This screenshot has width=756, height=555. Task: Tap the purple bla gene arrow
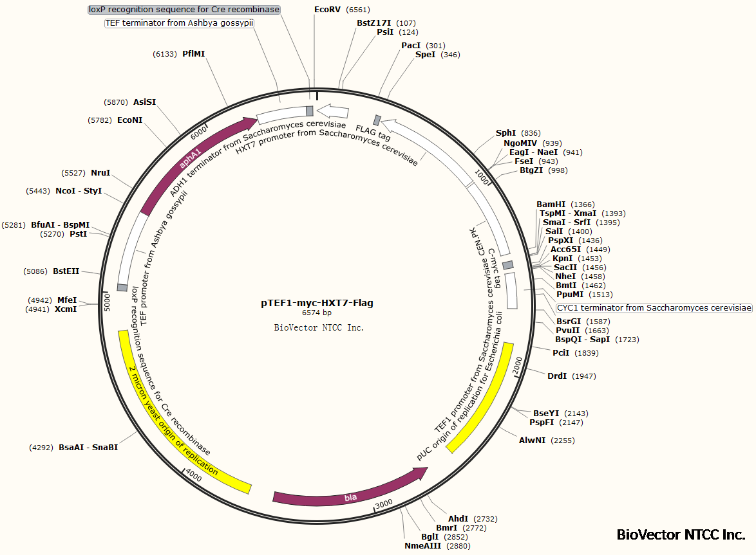coord(348,495)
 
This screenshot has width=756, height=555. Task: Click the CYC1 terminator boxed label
coord(654,308)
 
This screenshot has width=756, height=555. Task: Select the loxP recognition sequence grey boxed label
coord(184,10)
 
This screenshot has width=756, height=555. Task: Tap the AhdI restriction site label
coord(458,519)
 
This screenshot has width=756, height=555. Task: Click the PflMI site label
coord(193,54)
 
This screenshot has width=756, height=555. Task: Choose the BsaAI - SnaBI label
coord(88,447)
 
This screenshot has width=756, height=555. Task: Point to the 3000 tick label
coord(384,503)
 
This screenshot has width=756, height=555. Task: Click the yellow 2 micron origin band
coord(174,419)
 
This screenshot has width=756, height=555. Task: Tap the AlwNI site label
coord(533,441)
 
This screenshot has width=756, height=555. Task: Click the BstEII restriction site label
coord(66,271)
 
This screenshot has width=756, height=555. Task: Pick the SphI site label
coord(506,133)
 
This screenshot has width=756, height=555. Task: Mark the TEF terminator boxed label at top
coord(179,23)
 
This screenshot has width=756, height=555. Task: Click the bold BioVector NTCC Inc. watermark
coord(681,534)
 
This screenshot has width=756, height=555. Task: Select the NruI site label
coord(100,173)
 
